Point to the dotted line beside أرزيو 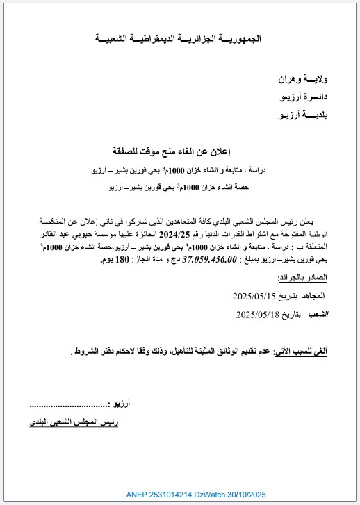point(70,404)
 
